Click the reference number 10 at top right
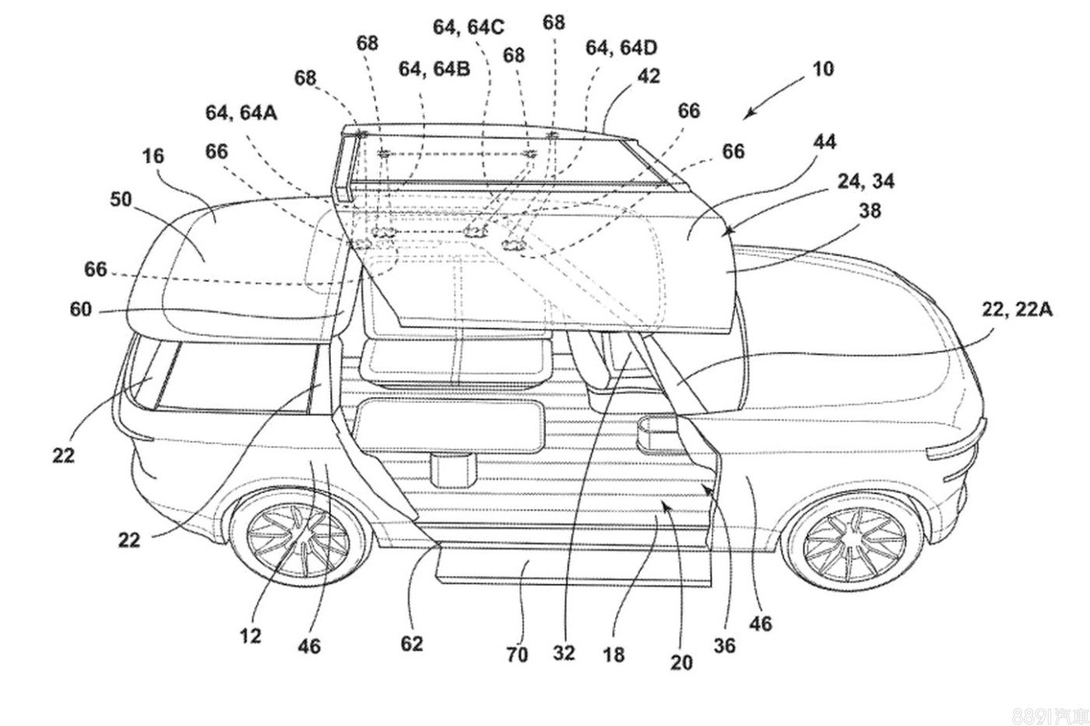tap(822, 68)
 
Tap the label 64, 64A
tap(241, 113)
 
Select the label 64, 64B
tap(434, 69)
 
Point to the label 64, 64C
tap(469, 27)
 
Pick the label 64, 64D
tap(621, 48)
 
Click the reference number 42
tap(648, 75)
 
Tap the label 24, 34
tap(866, 181)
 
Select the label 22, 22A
tap(1017, 309)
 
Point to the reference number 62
tap(412, 643)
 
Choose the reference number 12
tap(251, 637)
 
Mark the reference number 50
tap(121, 199)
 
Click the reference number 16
tap(153, 156)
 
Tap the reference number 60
tap(80, 310)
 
